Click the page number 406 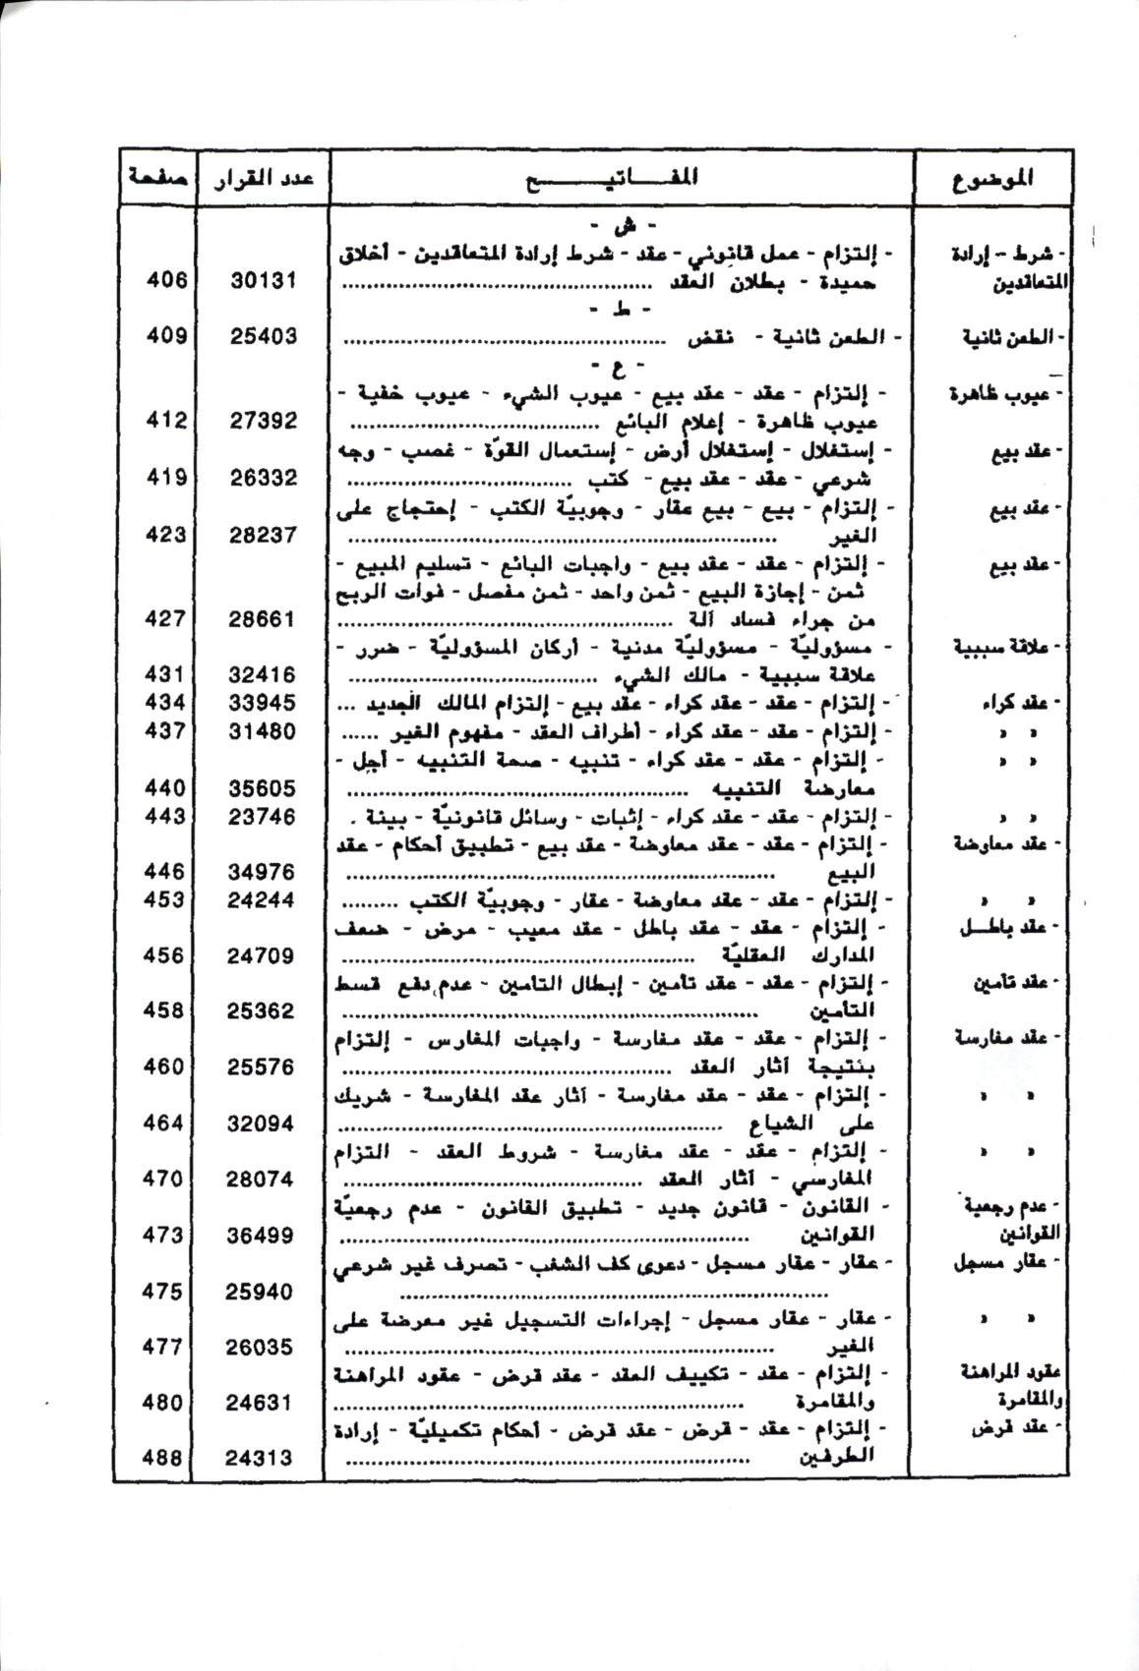pos(165,280)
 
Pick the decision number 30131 pos(263,281)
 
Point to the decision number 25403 pos(263,336)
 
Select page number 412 pos(165,421)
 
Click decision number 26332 pos(263,478)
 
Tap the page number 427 pos(165,619)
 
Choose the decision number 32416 pos(263,675)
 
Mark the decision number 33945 pos(263,703)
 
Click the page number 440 pos(164,787)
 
